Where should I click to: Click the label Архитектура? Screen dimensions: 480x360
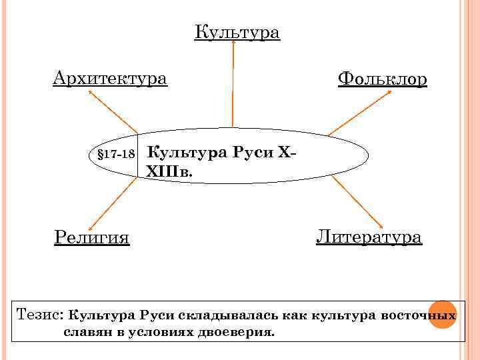pos(110,79)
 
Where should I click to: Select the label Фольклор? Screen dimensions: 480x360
pos(382,79)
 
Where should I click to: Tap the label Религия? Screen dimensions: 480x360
pos(91,237)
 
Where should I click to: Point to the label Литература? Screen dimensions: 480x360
pos(369,237)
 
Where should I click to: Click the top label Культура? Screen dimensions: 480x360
pos(237,32)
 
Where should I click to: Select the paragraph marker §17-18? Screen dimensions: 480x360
pos(117,154)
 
